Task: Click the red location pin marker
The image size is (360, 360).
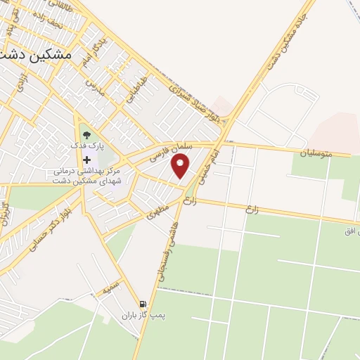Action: point(181,166)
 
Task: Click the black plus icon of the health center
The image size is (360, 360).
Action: point(87,160)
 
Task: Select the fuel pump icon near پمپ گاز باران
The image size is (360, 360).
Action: point(143,304)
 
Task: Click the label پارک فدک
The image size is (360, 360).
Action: point(86,145)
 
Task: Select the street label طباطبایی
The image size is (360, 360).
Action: point(136,91)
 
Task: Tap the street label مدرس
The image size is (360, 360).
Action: point(94,88)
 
